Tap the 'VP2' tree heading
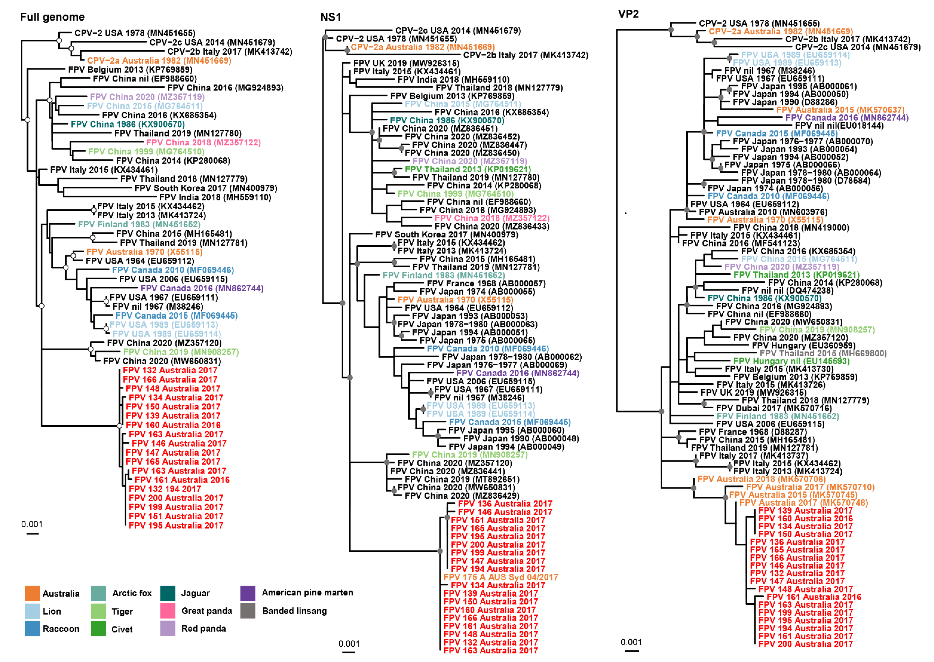click(x=628, y=14)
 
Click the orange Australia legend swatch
click(x=32, y=593)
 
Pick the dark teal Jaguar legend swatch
click(x=168, y=593)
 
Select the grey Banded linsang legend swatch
click(x=247, y=611)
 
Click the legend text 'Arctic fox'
click(x=132, y=593)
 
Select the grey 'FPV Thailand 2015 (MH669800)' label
click(x=823, y=353)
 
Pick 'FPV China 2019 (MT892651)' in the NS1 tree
click(x=462, y=479)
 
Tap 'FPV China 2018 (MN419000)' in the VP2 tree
click(x=791, y=227)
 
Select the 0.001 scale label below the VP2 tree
click(x=631, y=642)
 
